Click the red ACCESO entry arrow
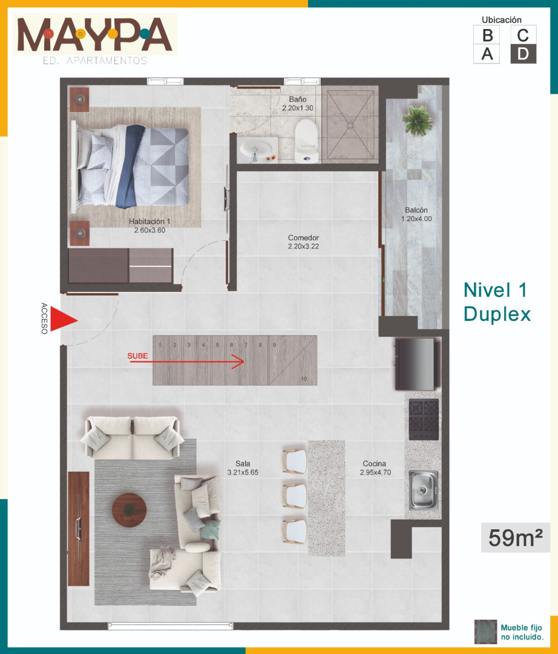coord(62,320)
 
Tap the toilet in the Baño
coord(307,141)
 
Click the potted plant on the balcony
coord(417,120)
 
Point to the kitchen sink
coord(423,490)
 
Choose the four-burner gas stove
coord(424,419)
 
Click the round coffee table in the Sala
coord(129,510)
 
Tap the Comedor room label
coord(303,238)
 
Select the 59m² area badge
coord(516,538)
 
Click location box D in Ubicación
coord(524,54)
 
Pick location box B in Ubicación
coord(487,35)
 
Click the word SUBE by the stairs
coord(137,356)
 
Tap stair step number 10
coord(304,378)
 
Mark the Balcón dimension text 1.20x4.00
coord(416,219)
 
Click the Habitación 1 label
coord(149,222)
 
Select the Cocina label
coord(374,463)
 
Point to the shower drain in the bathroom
coord(350,125)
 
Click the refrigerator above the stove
coord(417,364)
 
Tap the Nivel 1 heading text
coord(495,290)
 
